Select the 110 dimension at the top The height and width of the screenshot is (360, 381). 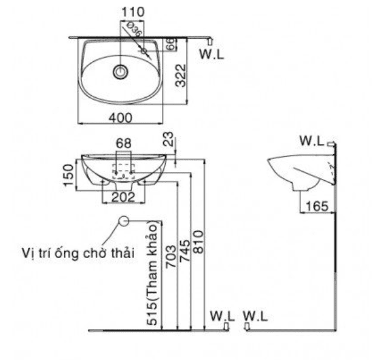click(132, 12)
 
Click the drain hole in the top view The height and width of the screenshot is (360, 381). click(121, 72)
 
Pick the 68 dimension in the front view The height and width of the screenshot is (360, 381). click(124, 144)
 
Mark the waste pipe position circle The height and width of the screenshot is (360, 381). click(123, 221)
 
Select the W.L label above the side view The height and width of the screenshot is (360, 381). click(312, 141)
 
